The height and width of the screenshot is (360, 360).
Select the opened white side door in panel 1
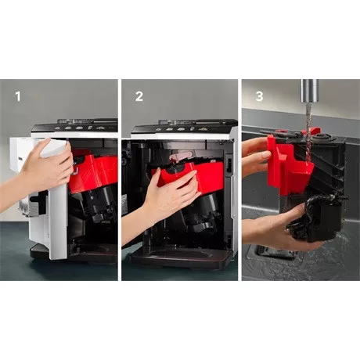tap(52, 203)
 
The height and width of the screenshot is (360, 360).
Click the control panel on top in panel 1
tap(78, 128)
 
